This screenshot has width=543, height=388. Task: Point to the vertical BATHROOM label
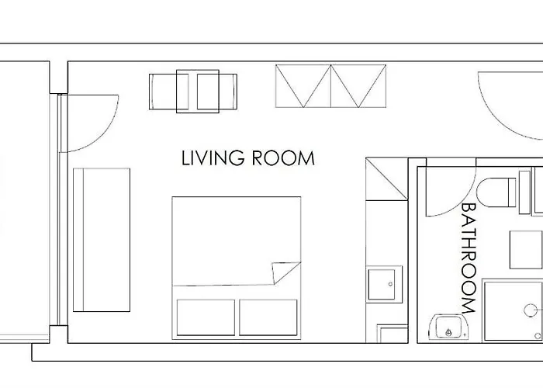[x=469, y=258]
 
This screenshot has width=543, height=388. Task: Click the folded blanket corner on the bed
[x=284, y=273]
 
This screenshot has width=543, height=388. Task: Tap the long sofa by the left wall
[x=101, y=240]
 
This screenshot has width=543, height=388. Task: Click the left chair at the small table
[x=165, y=91]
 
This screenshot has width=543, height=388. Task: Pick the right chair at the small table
[x=220, y=91]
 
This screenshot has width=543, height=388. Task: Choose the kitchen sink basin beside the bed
[x=384, y=285]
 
